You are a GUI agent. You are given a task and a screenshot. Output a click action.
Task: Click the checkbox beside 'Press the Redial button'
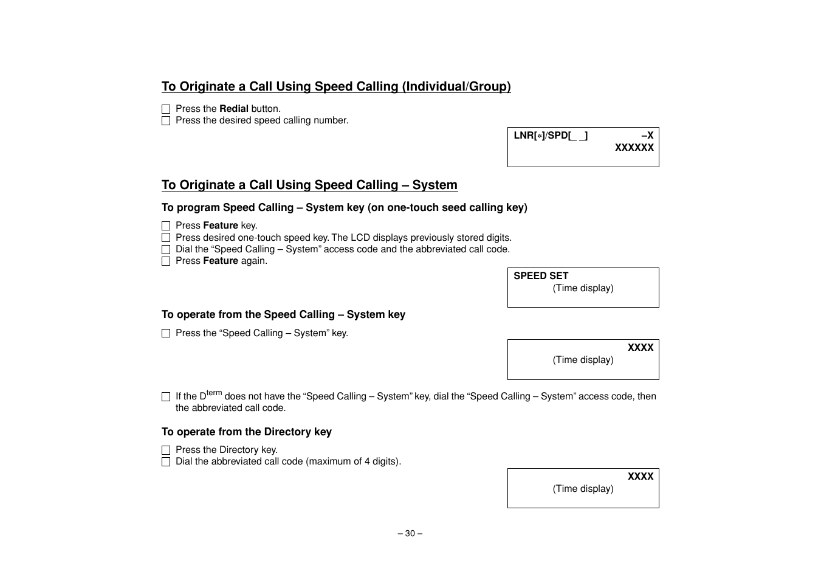click(166, 109)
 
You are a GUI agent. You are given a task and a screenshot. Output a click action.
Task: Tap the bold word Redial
click(234, 109)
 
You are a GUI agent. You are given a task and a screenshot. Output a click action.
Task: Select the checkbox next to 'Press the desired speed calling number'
click(166, 121)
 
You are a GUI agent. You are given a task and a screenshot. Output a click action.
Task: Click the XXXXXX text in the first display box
click(634, 148)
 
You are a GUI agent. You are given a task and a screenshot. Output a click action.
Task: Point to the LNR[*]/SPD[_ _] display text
click(551, 136)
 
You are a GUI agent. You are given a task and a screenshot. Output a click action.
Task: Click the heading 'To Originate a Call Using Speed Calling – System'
click(309, 185)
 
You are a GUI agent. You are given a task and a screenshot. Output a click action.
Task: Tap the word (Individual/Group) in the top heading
click(456, 87)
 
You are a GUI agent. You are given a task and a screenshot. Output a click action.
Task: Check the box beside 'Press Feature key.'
click(166, 226)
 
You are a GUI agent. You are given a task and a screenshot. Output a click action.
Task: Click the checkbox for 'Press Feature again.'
click(166, 261)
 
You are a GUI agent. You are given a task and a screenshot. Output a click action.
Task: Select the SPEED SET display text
click(541, 276)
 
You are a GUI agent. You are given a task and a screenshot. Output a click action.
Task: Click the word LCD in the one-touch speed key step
click(360, 238)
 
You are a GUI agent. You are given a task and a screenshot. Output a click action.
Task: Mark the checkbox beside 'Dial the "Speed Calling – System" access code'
click(166, 250)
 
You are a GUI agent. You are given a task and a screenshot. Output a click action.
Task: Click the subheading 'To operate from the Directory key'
click(247, 432)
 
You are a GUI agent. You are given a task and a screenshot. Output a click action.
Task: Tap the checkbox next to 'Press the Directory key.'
click(166, 451)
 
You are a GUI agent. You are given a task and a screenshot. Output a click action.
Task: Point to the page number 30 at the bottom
click(410, 534)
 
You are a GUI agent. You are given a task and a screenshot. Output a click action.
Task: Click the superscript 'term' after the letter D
click(215, 393)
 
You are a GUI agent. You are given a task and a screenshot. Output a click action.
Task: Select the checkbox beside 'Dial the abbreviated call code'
click(166, 462)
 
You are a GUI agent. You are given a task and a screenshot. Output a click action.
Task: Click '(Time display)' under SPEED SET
click(583, 288)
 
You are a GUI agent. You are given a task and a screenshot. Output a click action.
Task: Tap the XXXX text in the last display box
click(641, 477)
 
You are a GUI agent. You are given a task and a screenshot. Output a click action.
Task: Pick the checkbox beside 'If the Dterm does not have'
click(166, 397)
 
